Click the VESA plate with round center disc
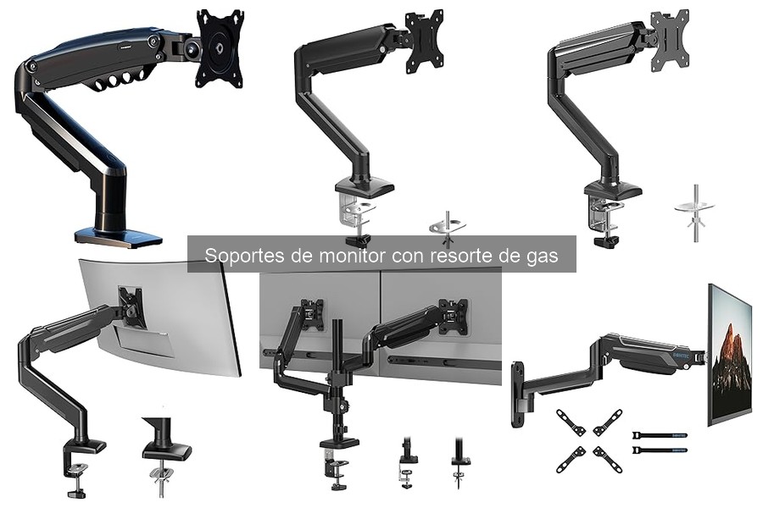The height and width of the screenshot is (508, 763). click(x=219, y=47)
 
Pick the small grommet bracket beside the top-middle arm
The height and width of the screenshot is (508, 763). click(x=448, y=226)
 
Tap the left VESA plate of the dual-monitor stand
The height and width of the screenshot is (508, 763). click(x=313, y=314)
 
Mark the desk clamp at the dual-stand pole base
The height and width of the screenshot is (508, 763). click(x=338, y=457)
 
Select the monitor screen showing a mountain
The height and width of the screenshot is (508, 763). click(x=730, y=354)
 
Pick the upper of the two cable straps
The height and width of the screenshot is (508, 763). click(x=660, y=433)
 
